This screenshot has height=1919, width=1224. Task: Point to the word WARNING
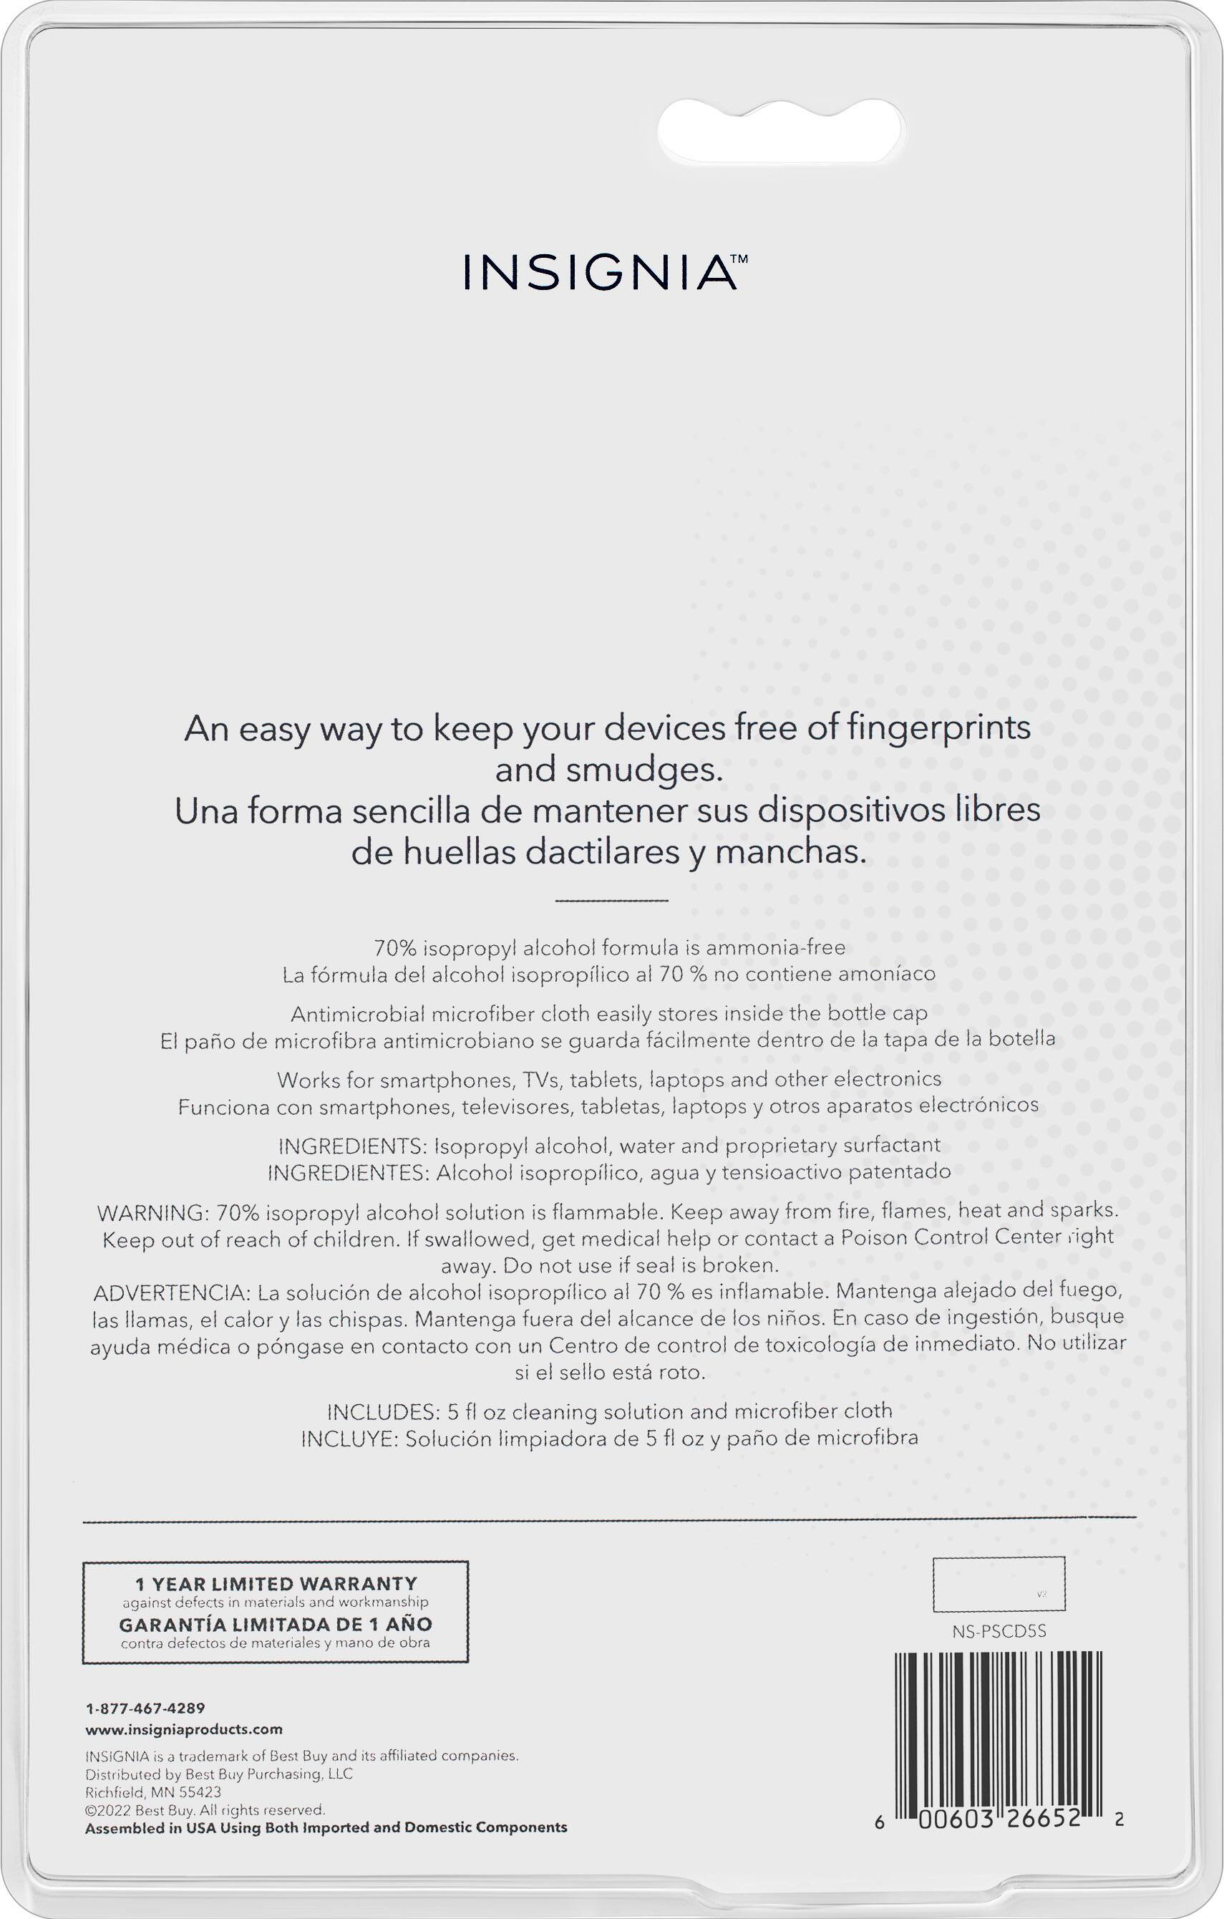150,1212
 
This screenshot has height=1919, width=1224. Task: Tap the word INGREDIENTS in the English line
353,1145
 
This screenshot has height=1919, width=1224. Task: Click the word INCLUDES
380,1411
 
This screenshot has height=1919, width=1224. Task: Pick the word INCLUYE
347,1438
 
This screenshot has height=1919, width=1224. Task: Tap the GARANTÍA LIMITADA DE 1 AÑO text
276,1623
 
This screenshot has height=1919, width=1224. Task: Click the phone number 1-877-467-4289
145,1707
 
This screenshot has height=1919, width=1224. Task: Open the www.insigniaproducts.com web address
184,1729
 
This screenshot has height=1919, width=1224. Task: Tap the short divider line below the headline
611,901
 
